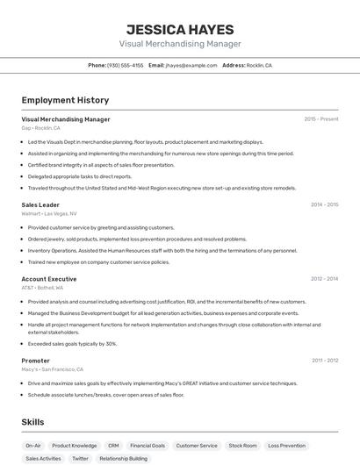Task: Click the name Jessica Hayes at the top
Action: pos(179,29)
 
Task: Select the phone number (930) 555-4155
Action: pos(125,65)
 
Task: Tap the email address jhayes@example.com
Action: pos(191,65)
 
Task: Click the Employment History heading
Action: pos(65,100)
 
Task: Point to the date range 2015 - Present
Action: pos(321,119)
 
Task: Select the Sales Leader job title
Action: pos(40,204)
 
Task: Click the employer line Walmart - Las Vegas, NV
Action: pos(49,213)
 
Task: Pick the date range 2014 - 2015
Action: pos(324,204)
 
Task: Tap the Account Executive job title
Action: pos(49,279)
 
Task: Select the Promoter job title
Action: pos(35,361)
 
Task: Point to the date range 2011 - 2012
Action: pos(324,361)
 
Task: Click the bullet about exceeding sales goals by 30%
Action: pos(72,344)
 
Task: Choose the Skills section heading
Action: pos(32,422)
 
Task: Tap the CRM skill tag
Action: pos(113,446)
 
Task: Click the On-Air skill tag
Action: pos(33,446)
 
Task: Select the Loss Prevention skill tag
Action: pos(286,446)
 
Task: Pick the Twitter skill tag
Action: pos(80,458)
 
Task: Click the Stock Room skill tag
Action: pos(242,446)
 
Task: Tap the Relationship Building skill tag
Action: pos(123,458)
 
